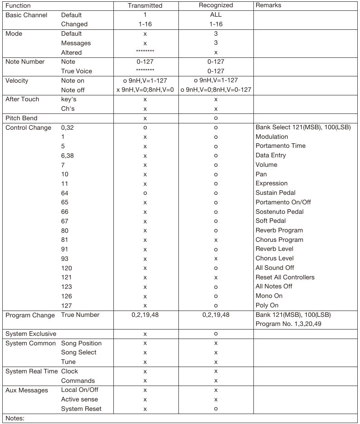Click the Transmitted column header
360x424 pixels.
145,5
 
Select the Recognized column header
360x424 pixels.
216,5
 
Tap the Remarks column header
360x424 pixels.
268,5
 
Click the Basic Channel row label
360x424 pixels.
26,15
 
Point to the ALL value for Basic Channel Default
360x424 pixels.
216,15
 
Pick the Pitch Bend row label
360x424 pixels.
21,118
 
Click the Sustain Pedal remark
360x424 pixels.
276,193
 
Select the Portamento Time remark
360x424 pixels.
281,146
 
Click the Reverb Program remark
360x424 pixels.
279,231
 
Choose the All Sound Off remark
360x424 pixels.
275,268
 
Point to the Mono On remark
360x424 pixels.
269,296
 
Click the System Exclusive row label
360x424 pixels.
31,334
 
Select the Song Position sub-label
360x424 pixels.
81,343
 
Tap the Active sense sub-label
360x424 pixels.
79,400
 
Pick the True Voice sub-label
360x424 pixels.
76,71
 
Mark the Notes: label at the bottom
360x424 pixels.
14,418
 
